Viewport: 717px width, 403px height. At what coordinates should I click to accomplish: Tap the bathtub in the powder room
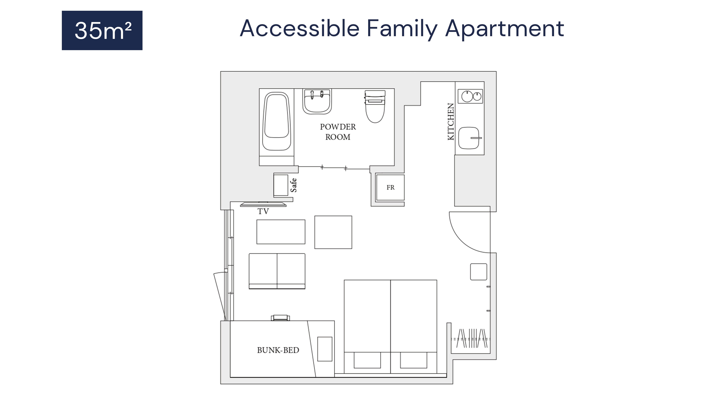[277, 122]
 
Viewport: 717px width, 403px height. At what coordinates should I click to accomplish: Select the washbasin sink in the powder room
[317, 102]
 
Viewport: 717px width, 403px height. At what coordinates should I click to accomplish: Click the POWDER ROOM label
[338, 132]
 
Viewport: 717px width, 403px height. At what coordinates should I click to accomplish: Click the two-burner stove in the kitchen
[470, 96]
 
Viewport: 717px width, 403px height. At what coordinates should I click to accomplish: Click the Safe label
[294, 185]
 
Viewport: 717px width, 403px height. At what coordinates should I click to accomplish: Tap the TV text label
[263, 211]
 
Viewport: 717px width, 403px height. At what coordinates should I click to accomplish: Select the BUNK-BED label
[278, 350]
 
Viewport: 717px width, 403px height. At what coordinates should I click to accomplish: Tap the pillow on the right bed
[414, 360]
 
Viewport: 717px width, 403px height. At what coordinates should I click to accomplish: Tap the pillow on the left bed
[367, 360]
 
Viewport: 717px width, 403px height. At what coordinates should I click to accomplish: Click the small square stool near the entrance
[478, 272]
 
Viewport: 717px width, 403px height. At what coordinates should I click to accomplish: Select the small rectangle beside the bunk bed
[325, 349]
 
